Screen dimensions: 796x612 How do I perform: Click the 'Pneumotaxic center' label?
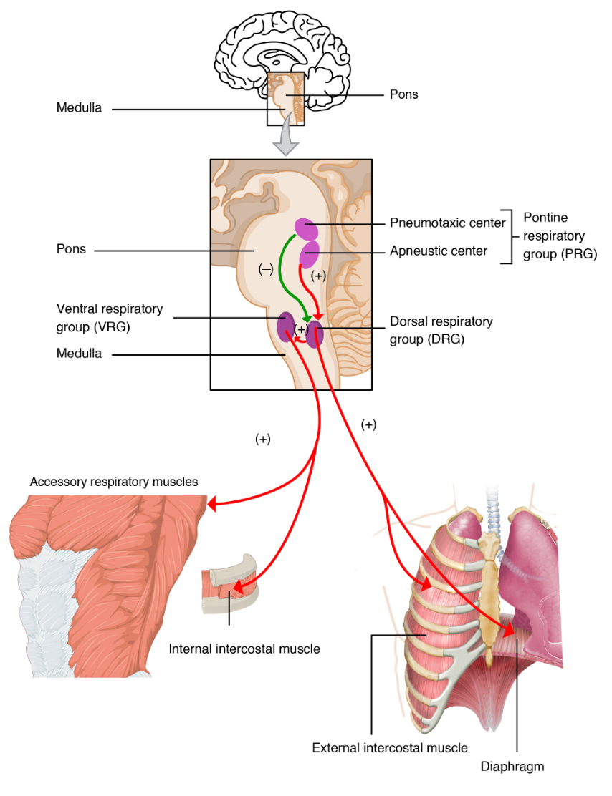coord(447,223)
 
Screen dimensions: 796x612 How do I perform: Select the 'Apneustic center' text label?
coord(438,251)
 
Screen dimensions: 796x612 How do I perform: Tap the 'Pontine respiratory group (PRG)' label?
coord(559,235)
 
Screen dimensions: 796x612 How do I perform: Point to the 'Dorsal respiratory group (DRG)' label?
coord(441,330)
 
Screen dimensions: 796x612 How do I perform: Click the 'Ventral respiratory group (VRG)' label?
coord(109,316)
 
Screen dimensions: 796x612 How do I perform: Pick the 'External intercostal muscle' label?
coord(390,748)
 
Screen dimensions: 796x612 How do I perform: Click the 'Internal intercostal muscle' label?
coord(244,649)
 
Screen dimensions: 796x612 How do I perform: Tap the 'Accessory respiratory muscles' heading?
coord(113,482)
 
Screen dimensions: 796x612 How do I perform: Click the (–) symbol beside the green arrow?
coord(266,269)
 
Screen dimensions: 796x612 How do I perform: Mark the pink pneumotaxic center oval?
coord(307,229)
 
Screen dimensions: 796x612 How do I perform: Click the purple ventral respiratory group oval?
coord(286,326)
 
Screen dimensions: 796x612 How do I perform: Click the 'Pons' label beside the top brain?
coord(403,94)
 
